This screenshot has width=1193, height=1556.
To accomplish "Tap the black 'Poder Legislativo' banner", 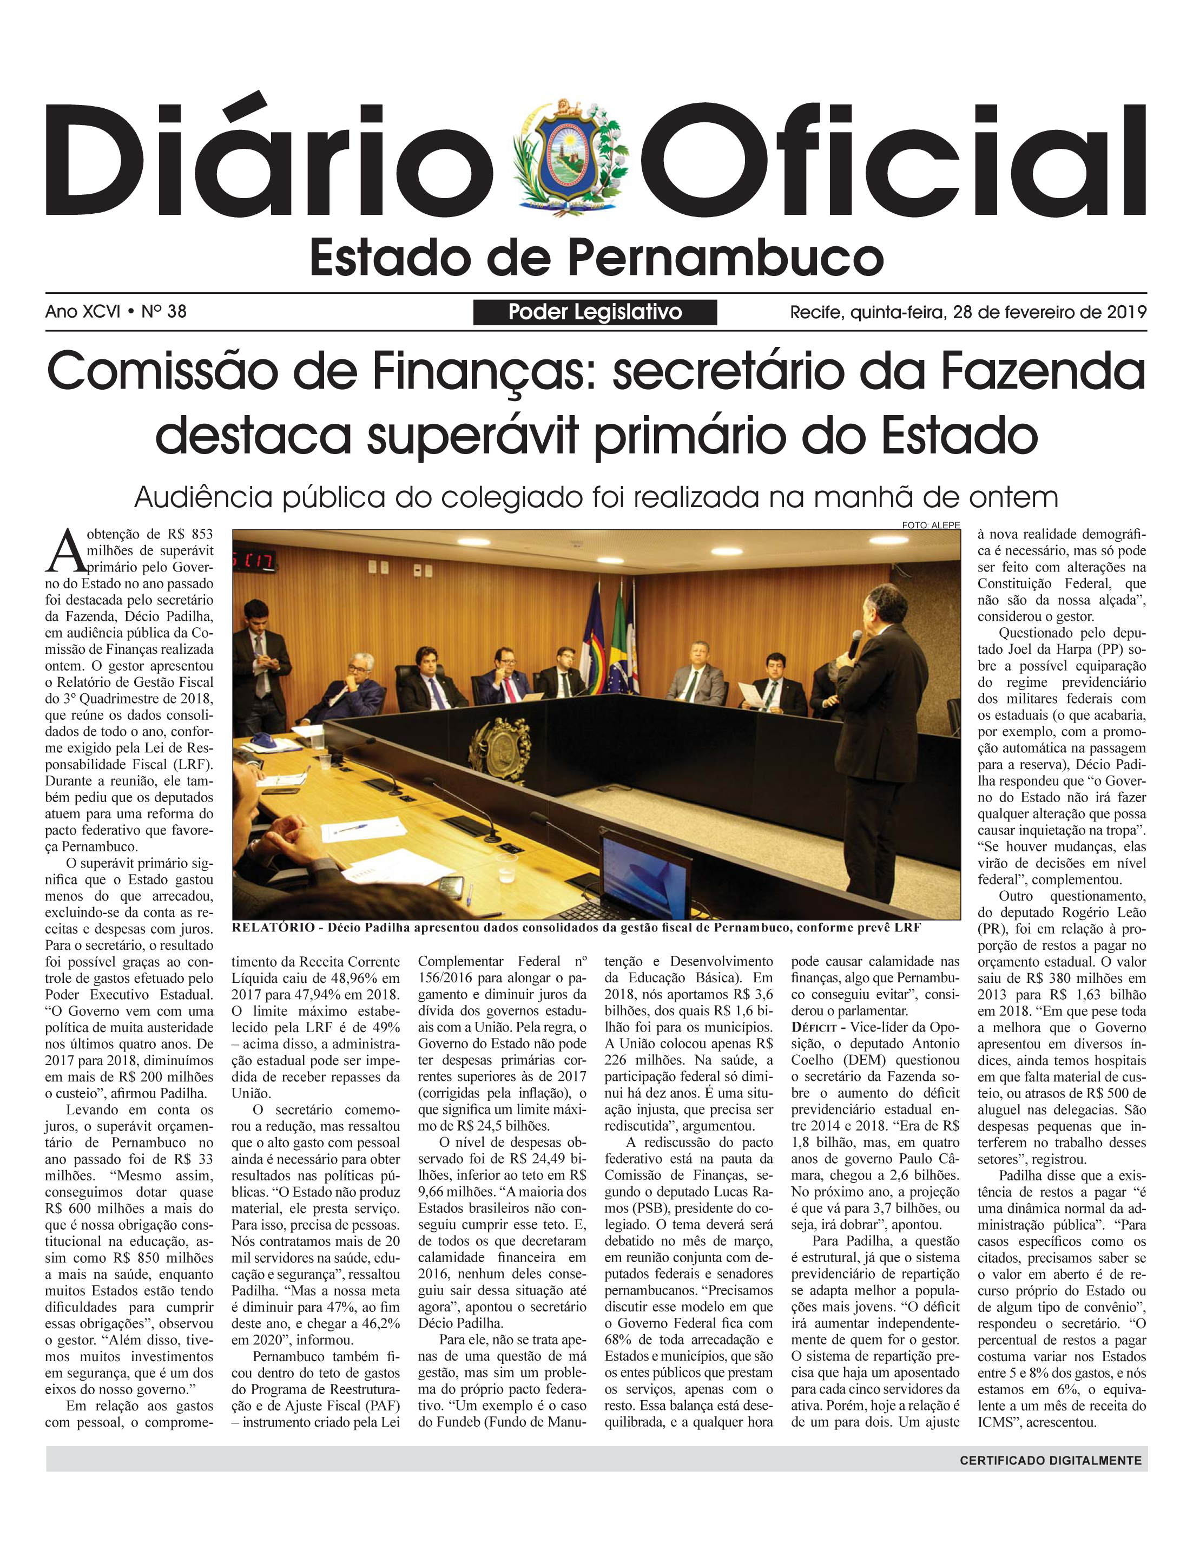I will (x=595, y=312).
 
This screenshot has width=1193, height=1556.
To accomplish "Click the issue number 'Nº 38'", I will (x=164, y=311).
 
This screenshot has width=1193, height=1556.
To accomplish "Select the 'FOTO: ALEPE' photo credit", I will (x=931, y=526).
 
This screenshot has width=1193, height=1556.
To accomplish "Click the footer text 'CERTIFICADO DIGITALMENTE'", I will (x=1050, y=1461).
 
